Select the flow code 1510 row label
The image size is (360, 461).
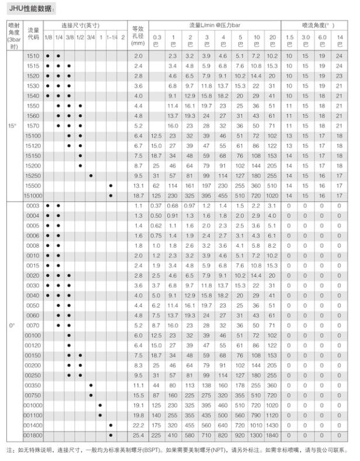click(33, 56)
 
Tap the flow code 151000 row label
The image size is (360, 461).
click(33, 196)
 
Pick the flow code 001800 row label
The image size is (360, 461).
click(33, 436)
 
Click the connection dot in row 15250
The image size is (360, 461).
click(91, 176)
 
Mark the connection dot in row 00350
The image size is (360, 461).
click(91, 386)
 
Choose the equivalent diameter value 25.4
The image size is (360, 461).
click(138, 436)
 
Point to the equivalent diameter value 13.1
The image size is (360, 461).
click(138, 186)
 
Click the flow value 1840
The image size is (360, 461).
click(273, 436)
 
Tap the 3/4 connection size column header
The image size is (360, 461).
click(91, 37)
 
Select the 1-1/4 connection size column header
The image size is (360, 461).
click(111, 37)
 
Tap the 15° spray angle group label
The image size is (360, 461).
click(12, 126)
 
